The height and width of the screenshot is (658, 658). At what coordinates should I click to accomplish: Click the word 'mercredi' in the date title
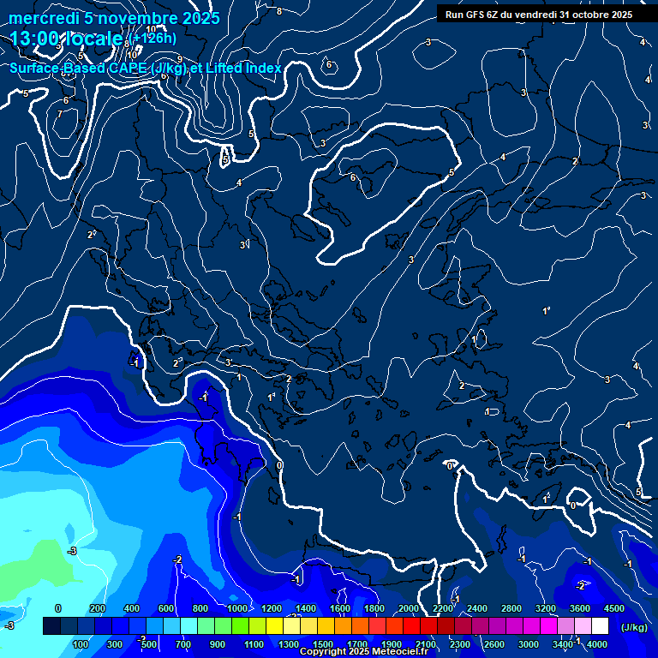(x=41, y=18)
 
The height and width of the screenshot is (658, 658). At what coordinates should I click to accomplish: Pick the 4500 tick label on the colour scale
(x=613, y=608)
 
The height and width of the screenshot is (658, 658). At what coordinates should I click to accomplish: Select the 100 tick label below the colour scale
(x=81, y=644)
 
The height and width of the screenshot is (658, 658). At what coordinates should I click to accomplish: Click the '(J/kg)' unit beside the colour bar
(x=633, y=627)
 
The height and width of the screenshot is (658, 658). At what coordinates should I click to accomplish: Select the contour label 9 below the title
(x=180, y=59)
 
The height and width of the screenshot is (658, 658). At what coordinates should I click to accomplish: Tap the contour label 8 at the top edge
(x=279, y=10)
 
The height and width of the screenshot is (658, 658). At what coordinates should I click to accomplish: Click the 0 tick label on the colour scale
(x=58, y=608)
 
